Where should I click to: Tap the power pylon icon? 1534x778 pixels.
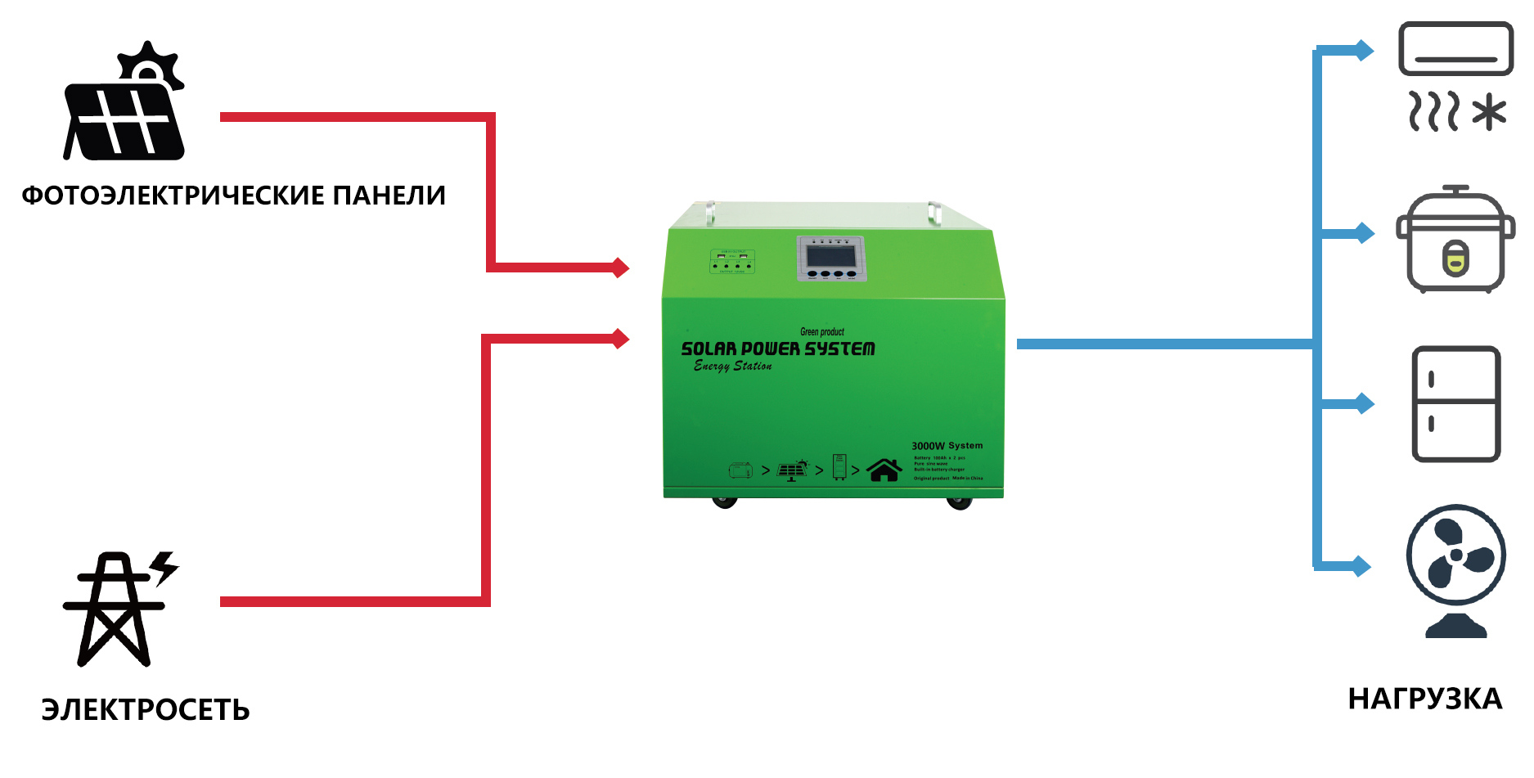[x=114, y=609]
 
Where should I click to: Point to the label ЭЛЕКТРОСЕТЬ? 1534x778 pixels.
[x=146, y=709]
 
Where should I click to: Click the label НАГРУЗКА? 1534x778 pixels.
[x=1424, y=699]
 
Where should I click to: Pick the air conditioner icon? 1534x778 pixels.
[x=1455, y=49]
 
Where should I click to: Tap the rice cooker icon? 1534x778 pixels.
[x=1455, y=241]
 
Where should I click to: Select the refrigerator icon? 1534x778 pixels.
[x=1455, y=404]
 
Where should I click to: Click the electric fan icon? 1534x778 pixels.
[x=1455, y=569]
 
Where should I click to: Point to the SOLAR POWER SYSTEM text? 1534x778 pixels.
[x=778, y=349]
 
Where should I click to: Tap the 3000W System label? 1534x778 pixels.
[x=947, y=446]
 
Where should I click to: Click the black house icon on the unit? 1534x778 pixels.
[x=884, y=470]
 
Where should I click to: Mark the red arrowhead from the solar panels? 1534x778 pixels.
[x=621, y=268]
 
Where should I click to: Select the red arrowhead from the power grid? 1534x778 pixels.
[x=621, y=338]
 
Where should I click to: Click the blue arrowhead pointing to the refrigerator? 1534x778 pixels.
[x=1365, y=403]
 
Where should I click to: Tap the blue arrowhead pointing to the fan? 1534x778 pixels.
[x=1362, y=565]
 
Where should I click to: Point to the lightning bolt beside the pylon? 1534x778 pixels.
[x=164, y=566]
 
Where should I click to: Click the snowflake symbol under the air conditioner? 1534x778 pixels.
[x=1489, y=112]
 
